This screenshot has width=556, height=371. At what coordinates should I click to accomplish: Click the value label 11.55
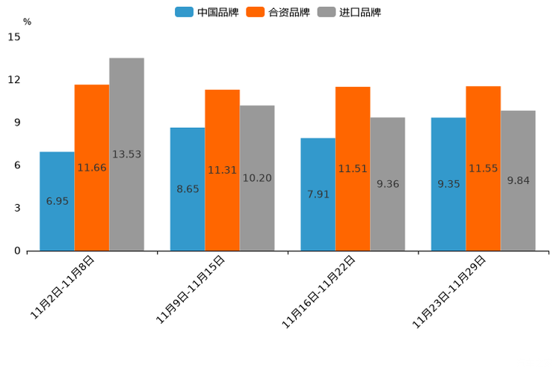point(484,168)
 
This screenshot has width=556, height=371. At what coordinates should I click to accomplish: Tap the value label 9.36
point(388,183)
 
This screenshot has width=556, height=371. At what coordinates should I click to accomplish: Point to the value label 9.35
point(448,183)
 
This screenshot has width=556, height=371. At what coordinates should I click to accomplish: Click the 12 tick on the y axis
point(16,80)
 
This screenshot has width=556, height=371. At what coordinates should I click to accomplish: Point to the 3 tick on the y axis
point(17,208)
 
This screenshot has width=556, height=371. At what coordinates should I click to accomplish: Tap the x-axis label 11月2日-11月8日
point(63,287)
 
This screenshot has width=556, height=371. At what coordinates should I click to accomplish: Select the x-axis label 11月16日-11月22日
point(319,291)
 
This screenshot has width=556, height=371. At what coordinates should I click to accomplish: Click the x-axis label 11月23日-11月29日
point(450,291)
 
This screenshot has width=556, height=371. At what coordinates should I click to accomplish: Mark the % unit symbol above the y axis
point(27,22)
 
